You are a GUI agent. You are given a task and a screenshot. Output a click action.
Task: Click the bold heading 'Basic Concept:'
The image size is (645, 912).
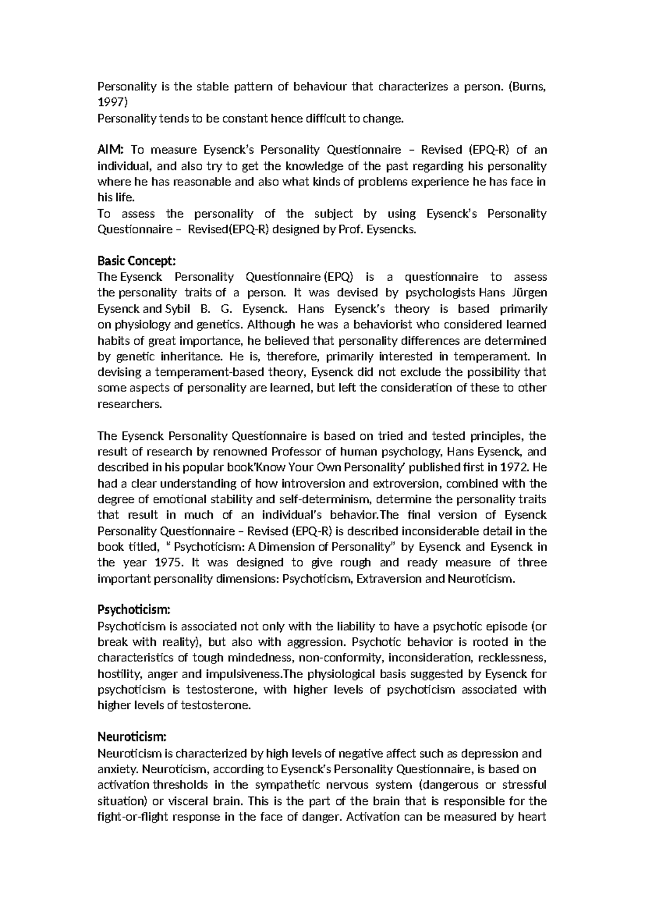coord(136,261)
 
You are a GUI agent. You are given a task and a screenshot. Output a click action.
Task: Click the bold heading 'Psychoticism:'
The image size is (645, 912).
coord(134,610)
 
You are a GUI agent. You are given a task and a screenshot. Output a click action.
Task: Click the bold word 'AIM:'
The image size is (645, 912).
coord(110,150)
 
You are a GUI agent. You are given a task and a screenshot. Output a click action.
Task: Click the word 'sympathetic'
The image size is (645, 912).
coord(283,785)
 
